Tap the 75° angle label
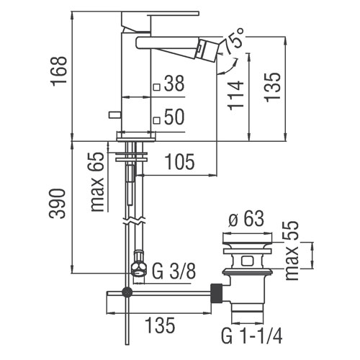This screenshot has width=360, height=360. click(234, 41)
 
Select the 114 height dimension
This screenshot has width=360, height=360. click(236, 96)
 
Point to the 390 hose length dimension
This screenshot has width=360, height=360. click(57, 204)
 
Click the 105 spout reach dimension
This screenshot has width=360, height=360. click(180, 161)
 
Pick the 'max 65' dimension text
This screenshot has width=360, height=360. click(97, 182)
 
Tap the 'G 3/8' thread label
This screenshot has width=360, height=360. click(174, 271)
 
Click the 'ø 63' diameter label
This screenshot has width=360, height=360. click(246, 218)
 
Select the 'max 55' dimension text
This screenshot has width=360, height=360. click(292, 251)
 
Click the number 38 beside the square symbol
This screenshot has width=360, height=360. click(174, 84)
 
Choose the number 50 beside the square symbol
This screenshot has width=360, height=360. click(174, 117)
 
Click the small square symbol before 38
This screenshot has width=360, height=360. click(157, 87)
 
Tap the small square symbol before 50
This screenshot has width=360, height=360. click(157, 120)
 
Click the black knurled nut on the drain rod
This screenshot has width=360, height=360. click(217, 294)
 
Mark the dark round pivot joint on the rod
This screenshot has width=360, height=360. click(127, 292)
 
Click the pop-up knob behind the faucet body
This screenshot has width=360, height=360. click(115, 114)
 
